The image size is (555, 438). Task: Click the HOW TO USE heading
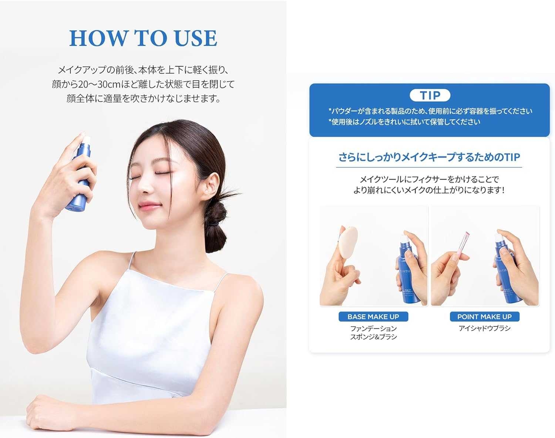pyautogui.click(x=143, y=38)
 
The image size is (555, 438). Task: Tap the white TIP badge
pyautogui.click(x=430, y=95)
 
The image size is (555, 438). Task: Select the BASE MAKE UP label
pyautogui.click(x=373, y=317)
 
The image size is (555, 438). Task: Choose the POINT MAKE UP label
pyautogui.click(x=484, y=317)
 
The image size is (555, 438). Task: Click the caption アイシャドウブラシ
pyautogui.click(x=484, y=328)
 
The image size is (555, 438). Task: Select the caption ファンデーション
pyautogui.click(x=373, y=328)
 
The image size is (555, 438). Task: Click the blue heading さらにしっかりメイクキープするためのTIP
pyautogui.click(x=429, y=157)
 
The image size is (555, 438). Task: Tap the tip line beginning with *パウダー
pyautogui.click(x=430, y=111)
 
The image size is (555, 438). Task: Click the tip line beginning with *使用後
pyautogui.click(x=404, y=122)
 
